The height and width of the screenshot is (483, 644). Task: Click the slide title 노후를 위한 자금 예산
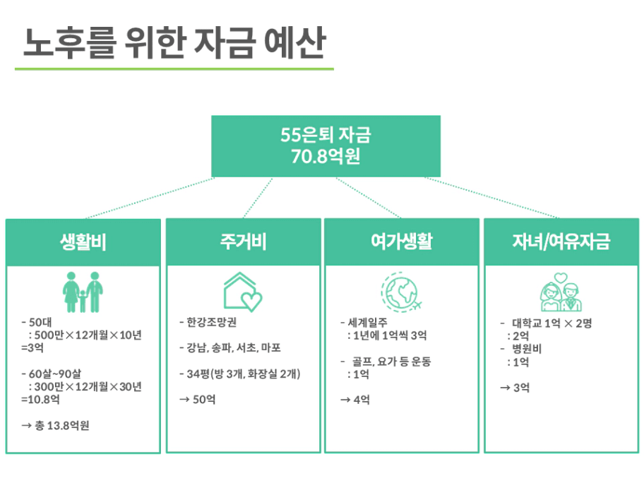coord(174,42)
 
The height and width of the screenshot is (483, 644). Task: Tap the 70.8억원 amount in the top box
coord(326,157)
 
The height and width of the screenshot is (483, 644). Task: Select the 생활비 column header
coord(83,241)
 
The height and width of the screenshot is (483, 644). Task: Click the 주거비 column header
coord(243,241)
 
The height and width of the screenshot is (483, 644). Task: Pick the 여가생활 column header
coord(402,241)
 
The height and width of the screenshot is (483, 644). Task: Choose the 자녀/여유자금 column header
coord(561,241)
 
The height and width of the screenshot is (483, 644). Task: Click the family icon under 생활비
coord(83,292)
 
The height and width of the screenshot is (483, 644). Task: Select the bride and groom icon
coord(561,292)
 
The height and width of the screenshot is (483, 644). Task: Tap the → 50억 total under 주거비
coord(198,399)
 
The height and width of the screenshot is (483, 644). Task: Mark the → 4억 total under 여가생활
coord(355,400)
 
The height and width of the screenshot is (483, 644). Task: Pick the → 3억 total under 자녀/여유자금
coord(515,387)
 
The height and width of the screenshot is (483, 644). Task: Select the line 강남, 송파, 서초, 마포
coord(234,348)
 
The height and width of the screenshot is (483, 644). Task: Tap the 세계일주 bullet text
coord(368,323)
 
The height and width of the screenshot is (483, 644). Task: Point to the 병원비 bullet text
coord(527,349)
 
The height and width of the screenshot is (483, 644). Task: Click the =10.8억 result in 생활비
coord(40,399)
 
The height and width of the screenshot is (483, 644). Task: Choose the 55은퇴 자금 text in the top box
coord(326,135)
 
